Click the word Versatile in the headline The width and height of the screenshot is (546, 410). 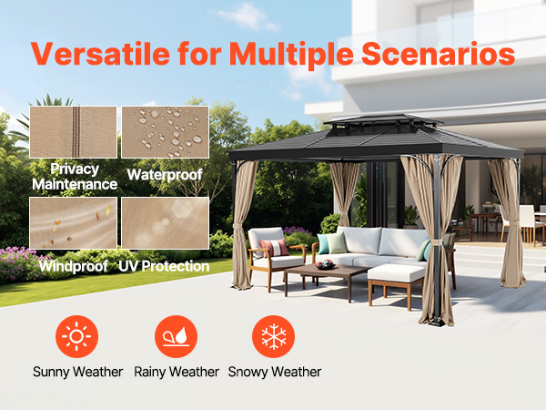click(x=100, y=54)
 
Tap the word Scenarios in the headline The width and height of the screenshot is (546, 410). click(x=438, y=54)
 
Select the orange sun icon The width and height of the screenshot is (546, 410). click(x=76, y=336)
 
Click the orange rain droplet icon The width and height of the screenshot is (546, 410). click(x=176, y=336)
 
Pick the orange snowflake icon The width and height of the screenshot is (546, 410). click(x=273, y=336)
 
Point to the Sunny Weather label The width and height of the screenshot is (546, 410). click(x=77, y=372)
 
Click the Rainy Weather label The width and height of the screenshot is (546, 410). click(x=177, y=372)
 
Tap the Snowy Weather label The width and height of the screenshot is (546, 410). click(x=275, y=372)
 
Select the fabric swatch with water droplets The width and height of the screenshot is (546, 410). click(x=165, y=132)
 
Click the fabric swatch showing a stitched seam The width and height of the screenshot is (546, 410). click(x=73, y=132)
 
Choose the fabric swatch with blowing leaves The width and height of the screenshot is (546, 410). click(x=73, y=223)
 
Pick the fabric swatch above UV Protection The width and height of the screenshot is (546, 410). click(x=165, y=223)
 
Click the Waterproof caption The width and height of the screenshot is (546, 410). click(x=165, y=175)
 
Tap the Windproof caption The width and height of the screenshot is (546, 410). click(x=73, y=266)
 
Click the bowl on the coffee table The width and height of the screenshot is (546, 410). click(x=325, y=265)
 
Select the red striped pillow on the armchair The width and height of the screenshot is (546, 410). click(x=275, y=248)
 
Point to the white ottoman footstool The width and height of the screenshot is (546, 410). click(x=396, y=285)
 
